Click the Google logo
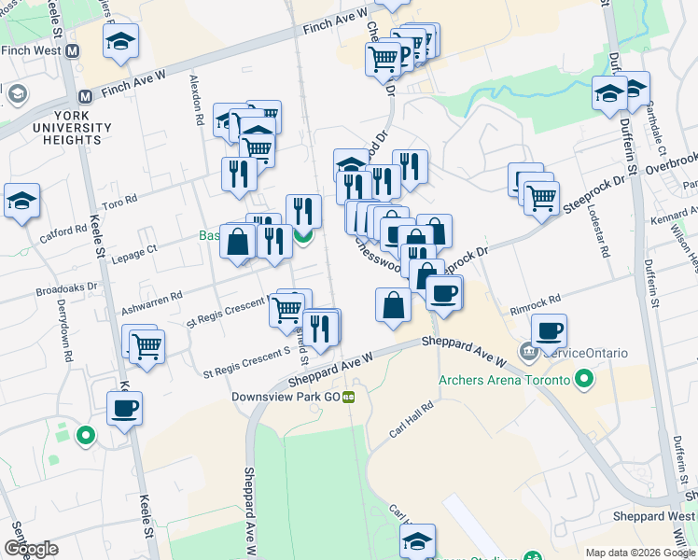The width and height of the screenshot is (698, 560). point(31,549)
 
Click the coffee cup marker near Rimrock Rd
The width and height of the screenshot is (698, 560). point(549,330)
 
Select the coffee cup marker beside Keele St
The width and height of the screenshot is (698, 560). point(124,408)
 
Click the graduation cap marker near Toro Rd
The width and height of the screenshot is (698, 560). point(21,201)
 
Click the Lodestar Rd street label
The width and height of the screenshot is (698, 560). point(598,232)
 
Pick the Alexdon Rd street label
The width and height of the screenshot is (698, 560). point(197,101)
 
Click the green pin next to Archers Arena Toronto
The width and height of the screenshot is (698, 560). point(584,380)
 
